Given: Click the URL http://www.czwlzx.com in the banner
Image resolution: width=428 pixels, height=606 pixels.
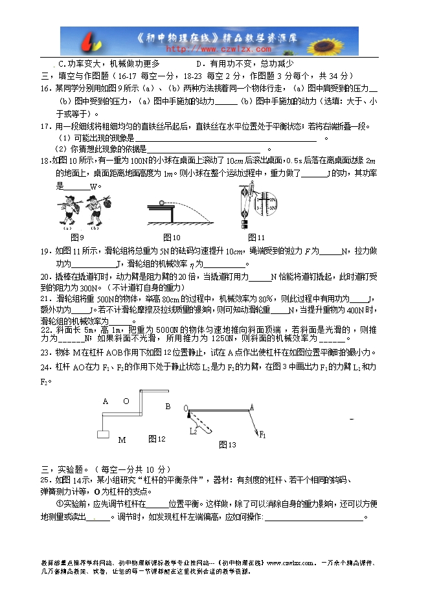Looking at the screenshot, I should click(219, 48).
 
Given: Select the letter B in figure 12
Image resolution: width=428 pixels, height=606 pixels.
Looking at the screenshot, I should click(168, 407).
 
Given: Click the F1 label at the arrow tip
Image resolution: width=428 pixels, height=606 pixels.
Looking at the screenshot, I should click(263, 435).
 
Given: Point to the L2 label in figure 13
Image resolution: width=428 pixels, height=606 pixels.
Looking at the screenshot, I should click(193, 431).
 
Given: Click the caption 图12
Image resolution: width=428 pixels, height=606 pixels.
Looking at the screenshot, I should click(157, 439).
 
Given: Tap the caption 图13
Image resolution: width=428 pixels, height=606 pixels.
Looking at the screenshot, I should click(227, 444).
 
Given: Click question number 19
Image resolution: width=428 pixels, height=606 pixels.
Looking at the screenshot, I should click(45, 251).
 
